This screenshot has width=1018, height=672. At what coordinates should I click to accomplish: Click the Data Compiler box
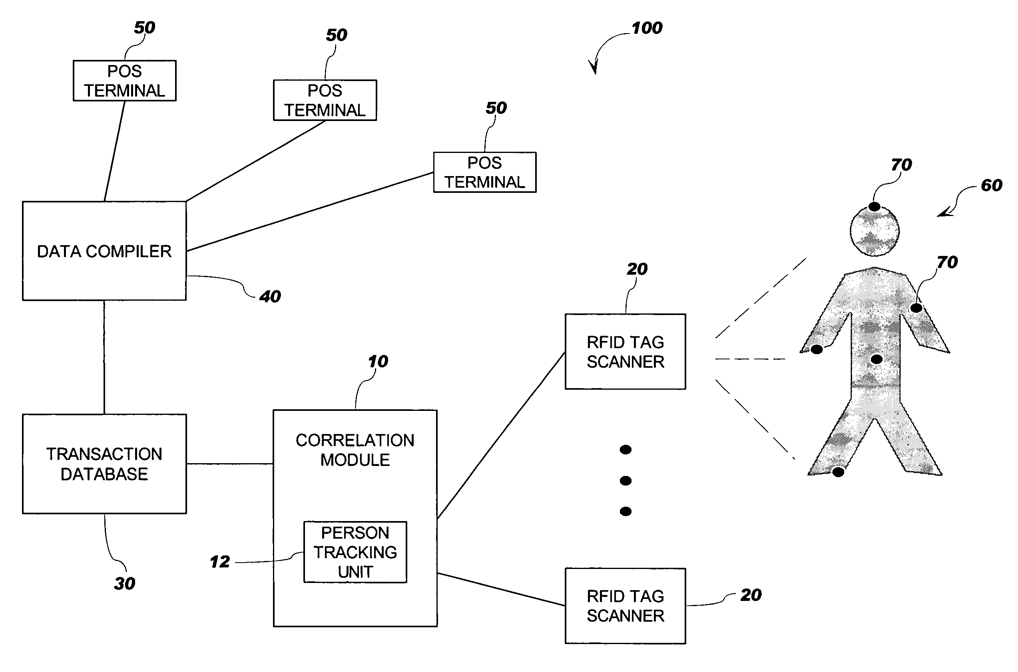click(104, 251)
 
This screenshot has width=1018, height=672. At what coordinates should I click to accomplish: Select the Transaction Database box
click(104, 464)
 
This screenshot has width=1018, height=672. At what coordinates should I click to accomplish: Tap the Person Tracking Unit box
click(355, 552)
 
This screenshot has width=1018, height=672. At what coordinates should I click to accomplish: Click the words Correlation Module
click(355, 450)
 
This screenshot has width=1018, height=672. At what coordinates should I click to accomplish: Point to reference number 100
click(647, 28)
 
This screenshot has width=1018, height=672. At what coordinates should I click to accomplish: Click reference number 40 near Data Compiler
click(270, 297)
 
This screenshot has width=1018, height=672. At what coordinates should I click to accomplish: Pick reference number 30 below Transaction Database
click(124, 583)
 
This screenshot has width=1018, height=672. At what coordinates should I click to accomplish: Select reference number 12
click(220, 562)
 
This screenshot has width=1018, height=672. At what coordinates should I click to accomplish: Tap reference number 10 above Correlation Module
click(378, 361)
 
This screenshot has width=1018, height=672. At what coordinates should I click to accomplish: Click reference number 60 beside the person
click(991, 185)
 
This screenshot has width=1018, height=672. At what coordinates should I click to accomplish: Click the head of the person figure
click(875, 232)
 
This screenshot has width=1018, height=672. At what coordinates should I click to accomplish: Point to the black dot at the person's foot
click(838, 472)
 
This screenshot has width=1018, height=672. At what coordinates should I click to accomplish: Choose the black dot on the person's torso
click(877, 359)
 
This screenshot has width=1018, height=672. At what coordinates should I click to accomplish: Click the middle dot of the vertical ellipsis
click(626, 481)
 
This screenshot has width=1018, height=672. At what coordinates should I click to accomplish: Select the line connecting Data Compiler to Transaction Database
click(104, 357)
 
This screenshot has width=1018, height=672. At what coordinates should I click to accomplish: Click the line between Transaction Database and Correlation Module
click(230, 464)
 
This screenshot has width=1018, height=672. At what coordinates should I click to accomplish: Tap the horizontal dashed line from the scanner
click(750, 359)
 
